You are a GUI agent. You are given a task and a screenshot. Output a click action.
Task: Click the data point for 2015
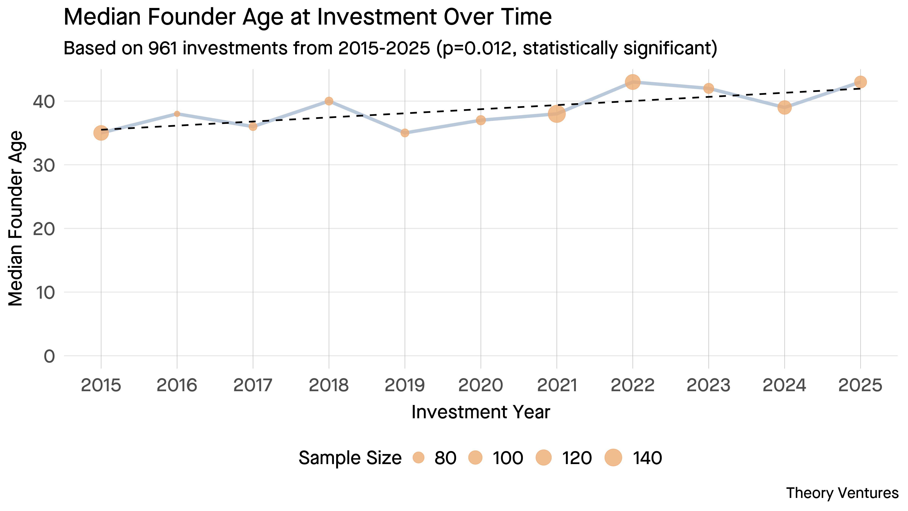tap(101, 133)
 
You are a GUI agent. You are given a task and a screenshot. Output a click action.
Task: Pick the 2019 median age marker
tap(405, 133)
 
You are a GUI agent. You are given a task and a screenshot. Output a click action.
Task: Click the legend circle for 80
tap(418, 458)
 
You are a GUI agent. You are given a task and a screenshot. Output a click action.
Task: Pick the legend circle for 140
tap(613, 458)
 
